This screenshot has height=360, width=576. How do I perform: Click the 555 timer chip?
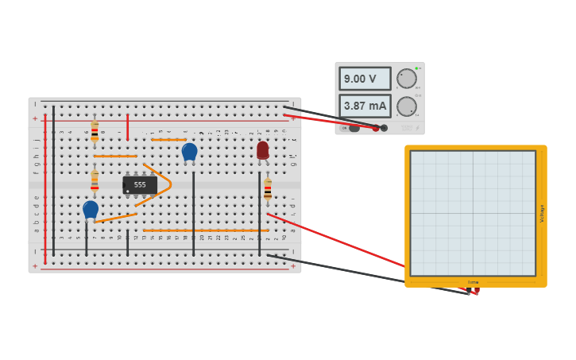click(140, 184)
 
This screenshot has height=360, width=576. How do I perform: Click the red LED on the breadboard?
click(262, 149)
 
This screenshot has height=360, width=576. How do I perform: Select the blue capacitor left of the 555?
click(91, 209)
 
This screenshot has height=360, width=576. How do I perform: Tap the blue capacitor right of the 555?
click(189, 151)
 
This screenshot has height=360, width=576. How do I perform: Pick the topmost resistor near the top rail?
click(95, 130)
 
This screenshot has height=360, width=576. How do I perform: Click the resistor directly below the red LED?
click(268, 189)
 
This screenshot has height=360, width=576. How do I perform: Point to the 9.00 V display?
click(365, 79)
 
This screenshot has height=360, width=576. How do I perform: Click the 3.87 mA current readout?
click(365, 106)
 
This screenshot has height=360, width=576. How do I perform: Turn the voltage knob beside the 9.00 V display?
click(406, 79)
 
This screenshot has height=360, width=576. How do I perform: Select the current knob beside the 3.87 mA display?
click(406, 106)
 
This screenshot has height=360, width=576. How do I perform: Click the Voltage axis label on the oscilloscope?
click(542, 213)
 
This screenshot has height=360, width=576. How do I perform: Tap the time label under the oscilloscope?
click(474, 282)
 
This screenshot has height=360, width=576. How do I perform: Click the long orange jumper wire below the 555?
click(206, 230)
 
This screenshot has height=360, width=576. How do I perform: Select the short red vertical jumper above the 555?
click(127, 127)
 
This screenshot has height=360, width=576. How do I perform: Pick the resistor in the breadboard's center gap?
click(95, 182)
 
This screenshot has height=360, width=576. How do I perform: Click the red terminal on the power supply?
click(376, 128)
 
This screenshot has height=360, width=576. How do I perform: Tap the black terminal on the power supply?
click(385, 128)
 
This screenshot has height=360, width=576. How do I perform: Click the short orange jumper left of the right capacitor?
click(168, 140)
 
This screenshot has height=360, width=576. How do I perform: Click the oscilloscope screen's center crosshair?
click(474, 213)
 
